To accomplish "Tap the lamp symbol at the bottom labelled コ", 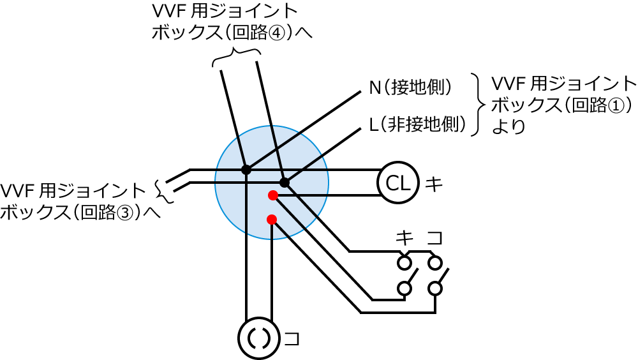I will [259, 338].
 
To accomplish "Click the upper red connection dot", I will [272, 195].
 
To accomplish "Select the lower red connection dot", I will [272, 220].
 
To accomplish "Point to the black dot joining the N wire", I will [246, 170].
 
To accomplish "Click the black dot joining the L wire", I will [285, 183].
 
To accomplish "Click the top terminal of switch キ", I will [404, 262].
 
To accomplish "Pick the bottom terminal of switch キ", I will [404, 289].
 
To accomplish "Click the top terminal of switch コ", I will [435, 262].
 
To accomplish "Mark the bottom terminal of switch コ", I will [435, 289].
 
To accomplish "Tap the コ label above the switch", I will [435, 239].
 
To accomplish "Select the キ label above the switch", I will [404, 239].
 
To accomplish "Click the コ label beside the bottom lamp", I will [291, 338].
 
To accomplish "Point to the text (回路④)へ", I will [268, 33].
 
